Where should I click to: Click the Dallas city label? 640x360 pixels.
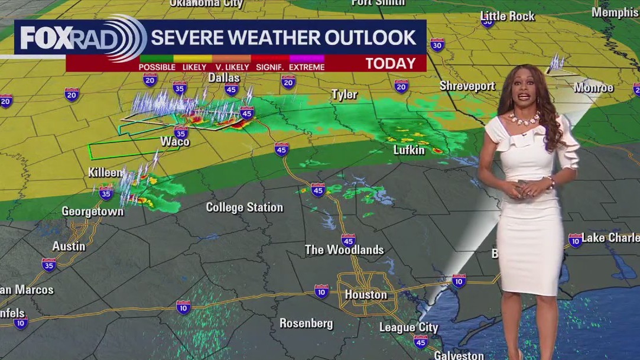(224, 78)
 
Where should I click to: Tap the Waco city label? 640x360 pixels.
(175, 141)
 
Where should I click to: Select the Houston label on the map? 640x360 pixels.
(366, 294)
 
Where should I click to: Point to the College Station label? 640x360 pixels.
(244, 207)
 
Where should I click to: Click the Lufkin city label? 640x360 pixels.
(409, 150)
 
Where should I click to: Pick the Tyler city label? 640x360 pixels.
(344, 95)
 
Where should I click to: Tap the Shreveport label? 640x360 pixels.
(467, 86)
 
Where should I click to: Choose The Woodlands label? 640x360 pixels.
(344, 250)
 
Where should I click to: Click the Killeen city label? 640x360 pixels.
(105, 173)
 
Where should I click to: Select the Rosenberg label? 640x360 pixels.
(306, 323)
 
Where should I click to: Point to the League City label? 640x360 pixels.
(408, 327)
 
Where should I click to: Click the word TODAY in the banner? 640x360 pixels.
(390, 64)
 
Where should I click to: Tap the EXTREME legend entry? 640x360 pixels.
(307, 67)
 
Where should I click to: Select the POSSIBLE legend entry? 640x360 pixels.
(157, 67)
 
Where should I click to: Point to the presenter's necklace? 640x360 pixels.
(523, 118)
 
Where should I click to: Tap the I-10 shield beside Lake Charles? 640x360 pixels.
(575, 240)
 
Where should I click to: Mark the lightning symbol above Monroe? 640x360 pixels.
(556, 62)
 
